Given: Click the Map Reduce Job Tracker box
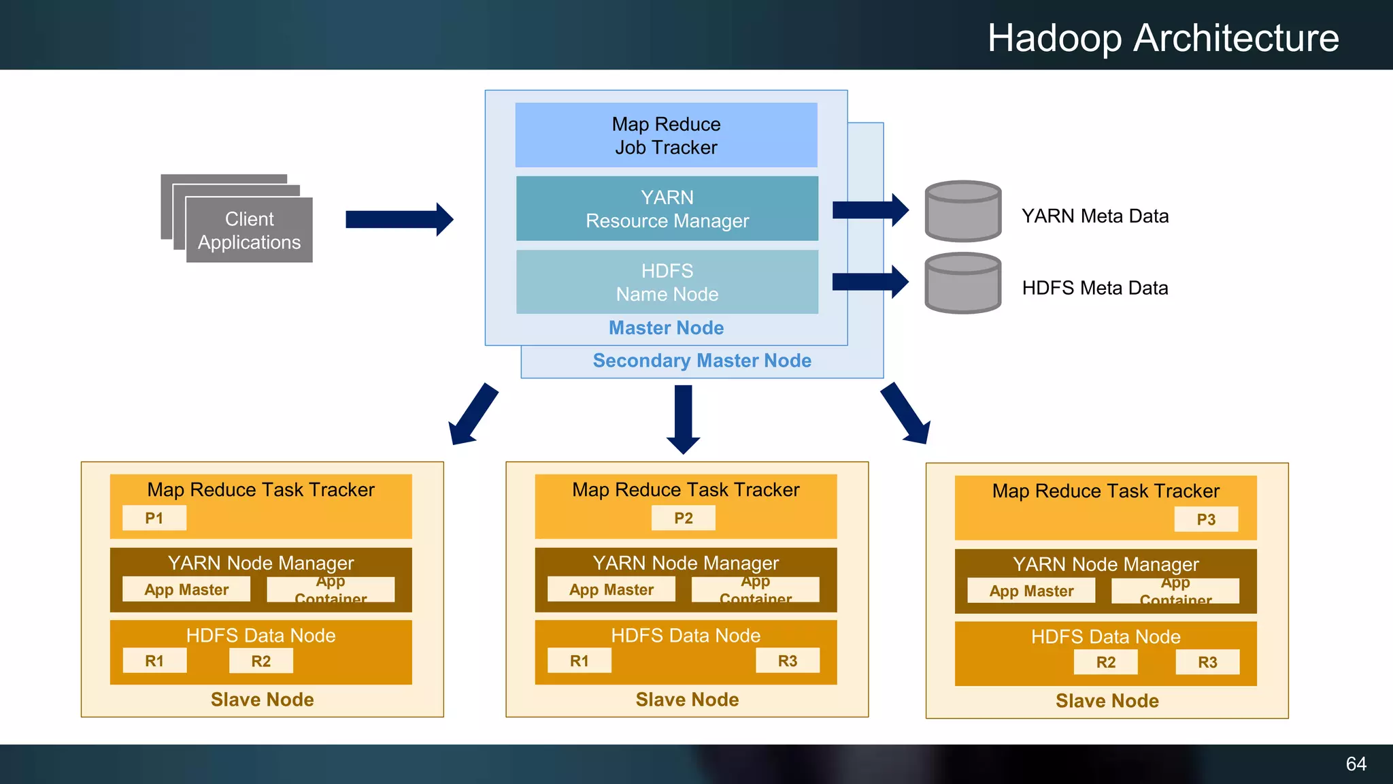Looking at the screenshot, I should coord(666,135).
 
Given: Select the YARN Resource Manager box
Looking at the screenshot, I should coord(667,209).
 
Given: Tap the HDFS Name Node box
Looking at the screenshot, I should coord(667,282).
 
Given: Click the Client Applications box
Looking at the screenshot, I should coord(249,230).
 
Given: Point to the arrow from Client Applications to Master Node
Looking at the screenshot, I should coord(399,219).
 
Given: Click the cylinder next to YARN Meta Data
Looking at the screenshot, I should coord(962,212).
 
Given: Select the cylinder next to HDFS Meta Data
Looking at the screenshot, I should coord(962,284).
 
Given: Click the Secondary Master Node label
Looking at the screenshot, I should coord(702,361).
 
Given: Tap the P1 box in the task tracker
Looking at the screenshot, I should coord(154,519).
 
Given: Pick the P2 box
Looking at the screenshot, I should coord(683,519).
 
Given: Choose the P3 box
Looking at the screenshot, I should coord(1205,520).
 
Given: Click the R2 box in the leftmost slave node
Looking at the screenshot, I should coord(261,661).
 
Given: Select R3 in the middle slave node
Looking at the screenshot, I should coord(787,661).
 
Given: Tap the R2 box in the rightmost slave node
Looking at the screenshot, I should coord(1105,662).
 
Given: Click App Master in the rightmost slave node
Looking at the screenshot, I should coord(1031,591).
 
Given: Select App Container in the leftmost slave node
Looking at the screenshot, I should coord(331,590).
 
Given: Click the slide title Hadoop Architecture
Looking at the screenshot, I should coord(1163,38).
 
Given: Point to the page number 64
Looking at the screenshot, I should coord(1356,764).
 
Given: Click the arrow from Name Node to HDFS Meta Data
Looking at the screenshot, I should coord(870,282).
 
